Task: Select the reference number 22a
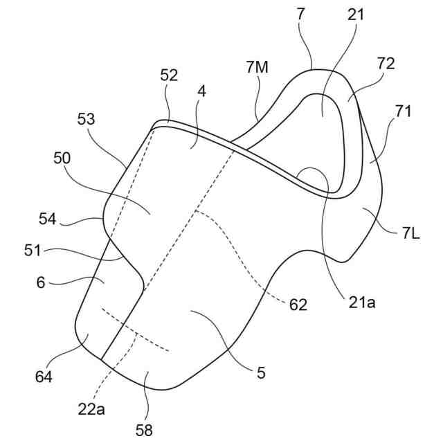(x=92, y=410)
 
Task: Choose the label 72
(x=386, y=64)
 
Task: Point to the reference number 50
(x=62, y=159)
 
